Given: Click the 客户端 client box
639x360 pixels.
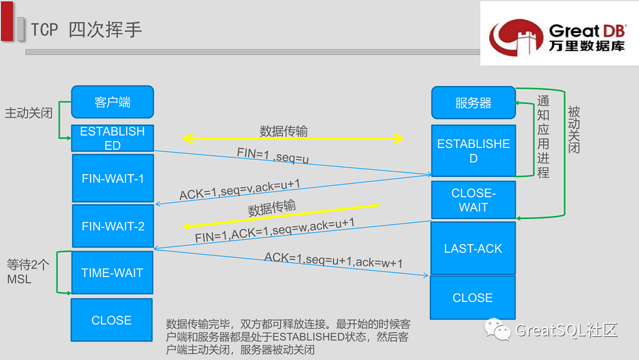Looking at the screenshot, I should click(112, 102).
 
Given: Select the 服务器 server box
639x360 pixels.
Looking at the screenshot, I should click(473, 102).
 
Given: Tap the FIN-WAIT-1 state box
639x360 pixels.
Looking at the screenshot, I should click(112, 178).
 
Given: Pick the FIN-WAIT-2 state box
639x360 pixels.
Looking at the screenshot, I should click(112, 226).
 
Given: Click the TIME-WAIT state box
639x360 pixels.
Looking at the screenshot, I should click(112, 273).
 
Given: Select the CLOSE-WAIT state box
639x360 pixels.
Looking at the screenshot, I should click(473, 200).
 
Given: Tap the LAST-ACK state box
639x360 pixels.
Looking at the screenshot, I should click(473, 249).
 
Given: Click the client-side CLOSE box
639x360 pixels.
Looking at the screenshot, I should click(111, 320).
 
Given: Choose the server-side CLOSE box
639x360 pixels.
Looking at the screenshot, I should click(472, 298).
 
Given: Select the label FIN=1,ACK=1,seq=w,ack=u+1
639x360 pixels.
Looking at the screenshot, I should click(275, 230).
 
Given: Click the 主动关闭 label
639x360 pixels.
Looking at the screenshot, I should click(28, 112).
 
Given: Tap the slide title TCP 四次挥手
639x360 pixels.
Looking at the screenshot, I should click(86, 30).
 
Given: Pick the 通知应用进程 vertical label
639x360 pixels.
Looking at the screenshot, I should click(543, 137).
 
